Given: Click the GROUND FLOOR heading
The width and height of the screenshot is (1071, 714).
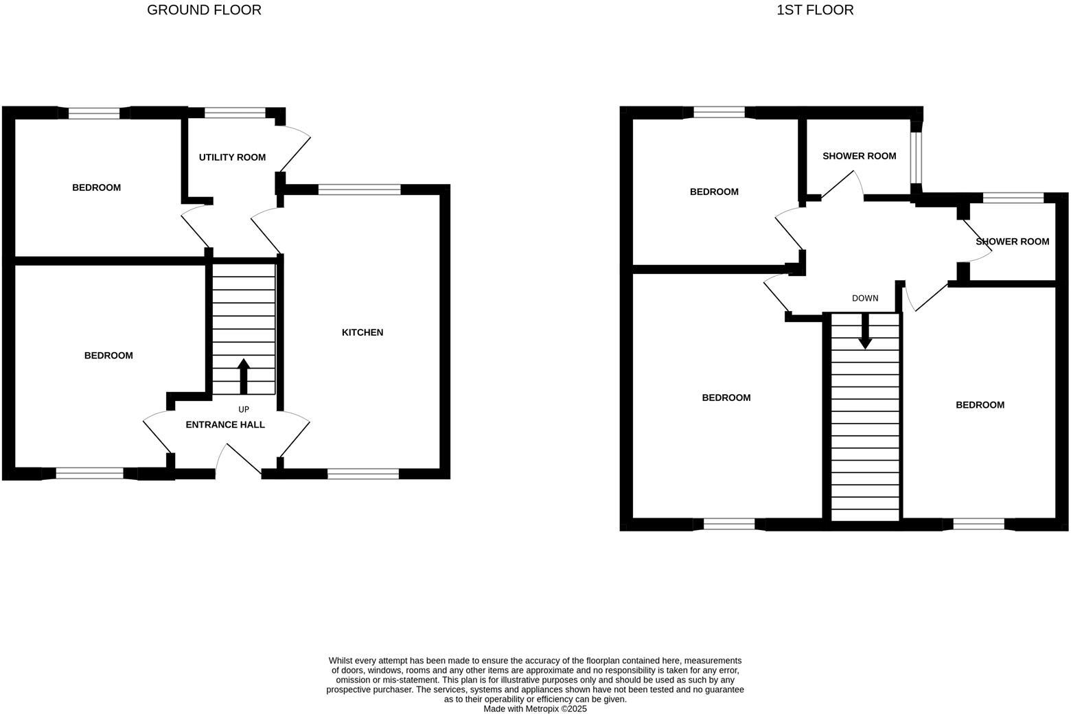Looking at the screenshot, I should point(204,10).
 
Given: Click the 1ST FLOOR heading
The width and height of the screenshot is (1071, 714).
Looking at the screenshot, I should point(815,10).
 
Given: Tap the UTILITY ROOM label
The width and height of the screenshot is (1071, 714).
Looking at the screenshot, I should point(232,157).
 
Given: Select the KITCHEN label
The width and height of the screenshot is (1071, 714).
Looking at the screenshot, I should point(362,332).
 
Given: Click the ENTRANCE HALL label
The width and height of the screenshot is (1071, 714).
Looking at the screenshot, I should point(225,424).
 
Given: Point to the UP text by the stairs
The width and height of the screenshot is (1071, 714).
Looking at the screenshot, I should point(244,409).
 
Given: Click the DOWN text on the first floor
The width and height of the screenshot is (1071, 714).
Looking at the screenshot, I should point(865,298).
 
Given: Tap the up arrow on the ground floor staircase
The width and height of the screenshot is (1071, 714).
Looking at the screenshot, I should point(243,376).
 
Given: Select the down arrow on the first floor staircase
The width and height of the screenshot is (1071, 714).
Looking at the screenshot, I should point(865,331).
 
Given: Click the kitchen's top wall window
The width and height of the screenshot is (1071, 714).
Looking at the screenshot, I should point(359,190).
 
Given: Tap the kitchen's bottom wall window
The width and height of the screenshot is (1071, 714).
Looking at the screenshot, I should point(363,473).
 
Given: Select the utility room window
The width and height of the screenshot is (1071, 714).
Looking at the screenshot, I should point(235,113).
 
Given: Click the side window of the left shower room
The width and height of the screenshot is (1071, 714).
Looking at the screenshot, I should point(916,157).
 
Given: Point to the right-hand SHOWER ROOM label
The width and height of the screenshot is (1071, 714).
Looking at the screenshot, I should point(1012,242).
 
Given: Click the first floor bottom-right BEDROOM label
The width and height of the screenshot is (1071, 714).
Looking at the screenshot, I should point(980,405).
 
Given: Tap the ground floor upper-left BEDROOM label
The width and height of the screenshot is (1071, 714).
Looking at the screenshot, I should point(96,187).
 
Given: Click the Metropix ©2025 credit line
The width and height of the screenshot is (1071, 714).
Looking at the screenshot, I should point(535,709).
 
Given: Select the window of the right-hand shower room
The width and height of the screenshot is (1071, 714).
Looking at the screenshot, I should point(1013,198).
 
